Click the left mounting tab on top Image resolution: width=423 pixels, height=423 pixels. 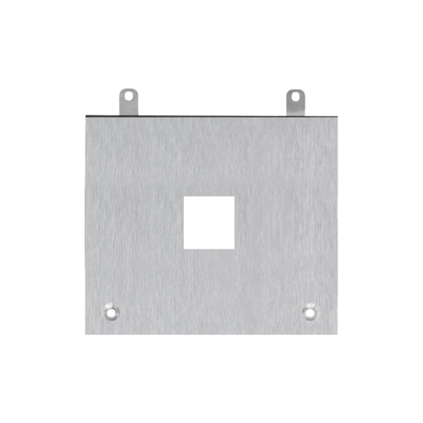[127, 101]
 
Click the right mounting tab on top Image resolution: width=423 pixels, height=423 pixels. [294, 101]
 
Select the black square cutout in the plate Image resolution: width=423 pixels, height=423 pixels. [209, 222]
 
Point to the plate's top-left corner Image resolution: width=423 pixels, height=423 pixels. [85, 115]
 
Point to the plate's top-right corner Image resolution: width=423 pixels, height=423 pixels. [338, 115]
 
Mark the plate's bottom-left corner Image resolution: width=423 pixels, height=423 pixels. [85, 335]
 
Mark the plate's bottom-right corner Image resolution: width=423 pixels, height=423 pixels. [338, 335]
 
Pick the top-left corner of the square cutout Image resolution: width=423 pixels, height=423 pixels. [185, 198]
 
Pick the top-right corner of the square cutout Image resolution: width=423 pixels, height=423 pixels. [233, 198]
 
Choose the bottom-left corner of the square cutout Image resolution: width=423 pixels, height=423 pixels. [185, 248]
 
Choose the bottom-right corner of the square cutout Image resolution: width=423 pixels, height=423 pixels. [233, 248]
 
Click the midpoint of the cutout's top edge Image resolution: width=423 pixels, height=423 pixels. [209, 198]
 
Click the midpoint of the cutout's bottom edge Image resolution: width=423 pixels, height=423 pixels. [209, 248]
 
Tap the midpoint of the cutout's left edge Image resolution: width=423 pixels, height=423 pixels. [185, 222]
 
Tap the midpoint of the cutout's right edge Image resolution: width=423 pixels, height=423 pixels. [233, 222]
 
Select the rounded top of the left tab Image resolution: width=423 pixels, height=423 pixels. [127, 88]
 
